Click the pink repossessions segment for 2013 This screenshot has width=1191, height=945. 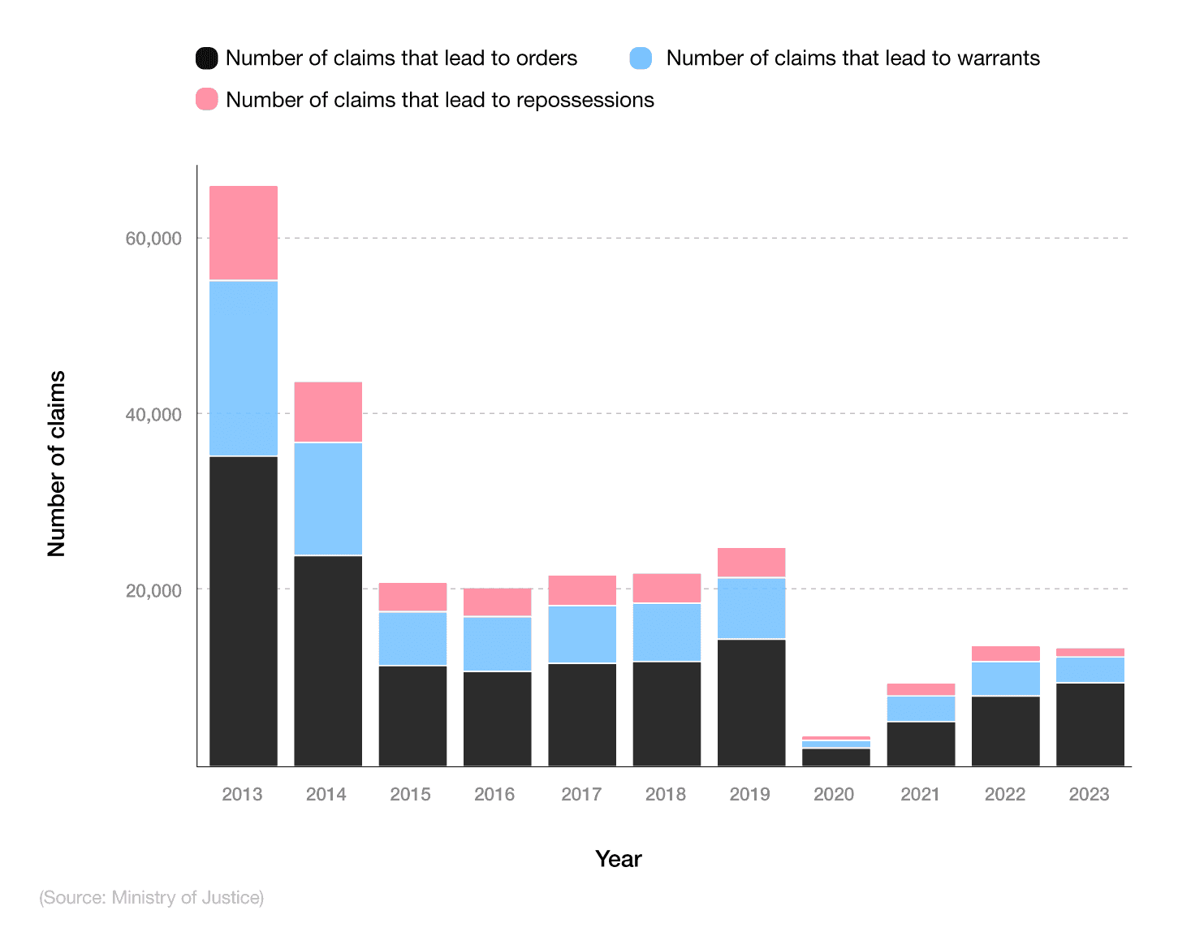tap(244, 233)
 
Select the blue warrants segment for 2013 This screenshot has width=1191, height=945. tap(244, 368)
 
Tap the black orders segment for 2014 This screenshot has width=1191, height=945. tap(328, 660)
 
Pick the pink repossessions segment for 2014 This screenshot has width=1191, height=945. tap(328, 412)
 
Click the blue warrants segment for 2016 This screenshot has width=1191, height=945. tap(497, 644)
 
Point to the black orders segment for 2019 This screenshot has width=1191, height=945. tap(751, 702)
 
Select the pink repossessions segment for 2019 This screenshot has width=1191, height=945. tap(751, 563)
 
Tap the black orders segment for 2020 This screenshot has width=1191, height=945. tap(835, 757)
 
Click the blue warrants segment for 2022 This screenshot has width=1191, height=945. tap(1005, 679)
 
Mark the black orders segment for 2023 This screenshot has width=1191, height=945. tap(1090, 724)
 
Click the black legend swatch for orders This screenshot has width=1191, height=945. tap(207, 58)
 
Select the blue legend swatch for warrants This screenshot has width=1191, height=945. tap(641, 58)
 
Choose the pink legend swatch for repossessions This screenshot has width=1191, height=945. tap(207, 99)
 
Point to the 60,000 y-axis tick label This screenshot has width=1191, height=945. tap(153, 239)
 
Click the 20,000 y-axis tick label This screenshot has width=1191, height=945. tap(153, 590)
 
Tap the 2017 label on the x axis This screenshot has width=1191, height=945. tap(581, 794)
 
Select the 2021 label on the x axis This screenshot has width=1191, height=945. tap(920, 794)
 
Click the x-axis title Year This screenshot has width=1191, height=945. tap(618, 859)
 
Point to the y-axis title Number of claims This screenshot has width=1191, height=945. tap(56, 464)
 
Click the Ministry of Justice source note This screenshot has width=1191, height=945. tap(152, 897)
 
